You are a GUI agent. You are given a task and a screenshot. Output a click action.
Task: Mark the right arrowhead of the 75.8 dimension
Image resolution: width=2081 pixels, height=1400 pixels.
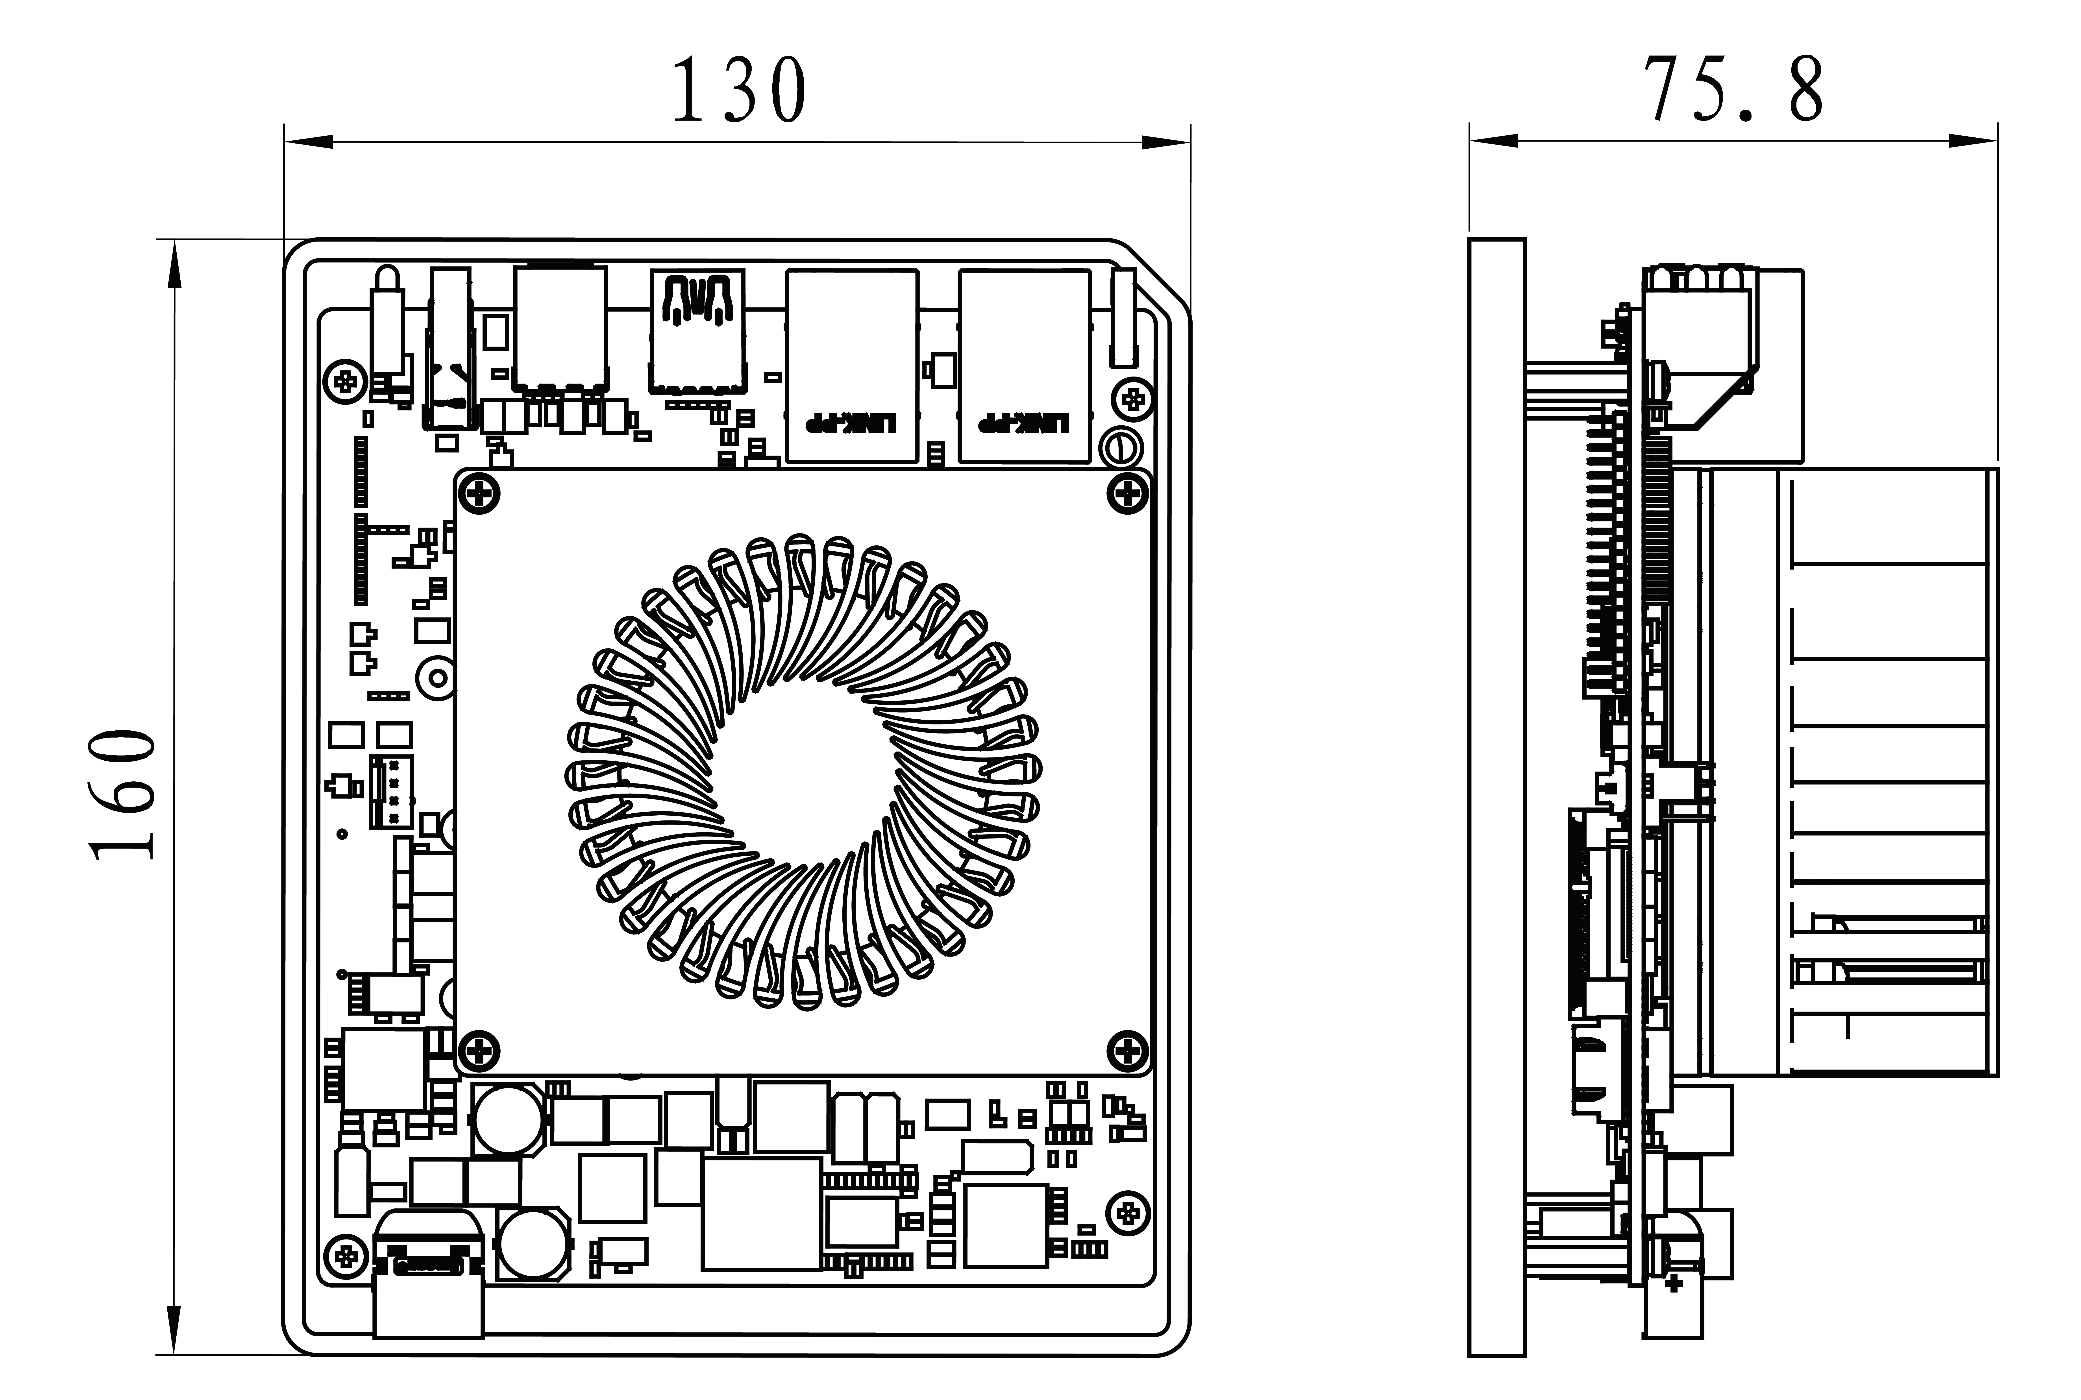click(1973, 141)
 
